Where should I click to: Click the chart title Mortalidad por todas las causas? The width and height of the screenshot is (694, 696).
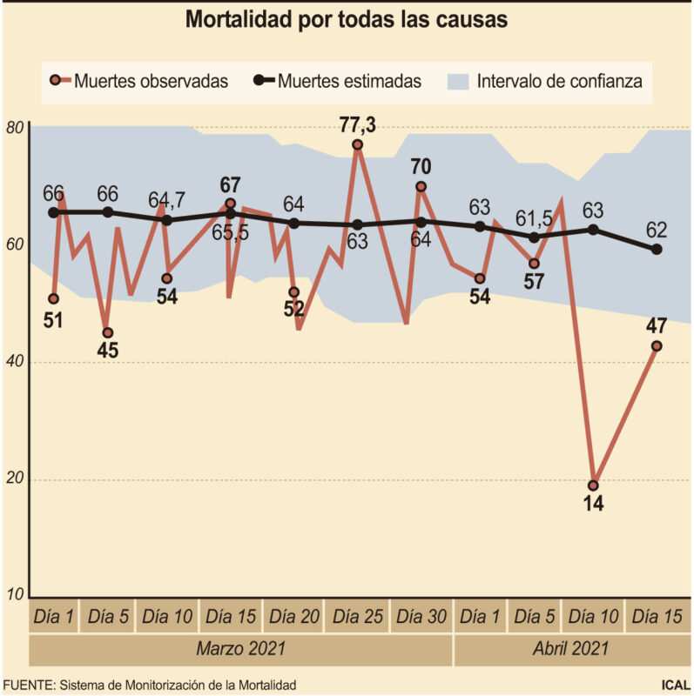pyautogui.click(x=347, y=20)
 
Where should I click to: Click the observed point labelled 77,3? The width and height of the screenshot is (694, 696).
pyautogui.click(x=358, y=144)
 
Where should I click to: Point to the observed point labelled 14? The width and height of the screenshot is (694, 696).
pyautogui.click(x=594, y=485)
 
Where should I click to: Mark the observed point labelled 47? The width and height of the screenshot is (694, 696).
pyautogui.click(x=657, y=345)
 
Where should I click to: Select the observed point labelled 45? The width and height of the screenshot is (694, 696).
pyautogui.click(x=108, y=332)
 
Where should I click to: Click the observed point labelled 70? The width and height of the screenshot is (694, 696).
pyautogui.click(x=421, y=186)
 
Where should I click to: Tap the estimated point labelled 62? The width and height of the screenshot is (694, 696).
pyautogui.click(x=657, y=250)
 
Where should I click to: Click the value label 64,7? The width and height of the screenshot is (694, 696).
pyautogui.click(x=165, y=200)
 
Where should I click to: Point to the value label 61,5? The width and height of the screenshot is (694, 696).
pyautogui.click(x=533, y=216)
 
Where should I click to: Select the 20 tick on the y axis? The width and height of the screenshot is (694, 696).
pyautogui.click(x=15, y=480)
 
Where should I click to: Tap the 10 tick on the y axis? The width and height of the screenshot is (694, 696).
pyautogui.click(x=15, y=596)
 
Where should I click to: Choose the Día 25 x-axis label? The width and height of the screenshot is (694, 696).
pyautogui.click(x=359, y=617)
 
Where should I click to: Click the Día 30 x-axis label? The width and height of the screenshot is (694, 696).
pyautogui.click(x=421, y=617)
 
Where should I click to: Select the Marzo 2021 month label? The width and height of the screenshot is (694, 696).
pyautogui.click(x=241, y=649)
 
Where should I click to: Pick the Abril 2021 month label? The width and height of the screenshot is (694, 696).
pyautogui.click(x=572, y=649)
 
